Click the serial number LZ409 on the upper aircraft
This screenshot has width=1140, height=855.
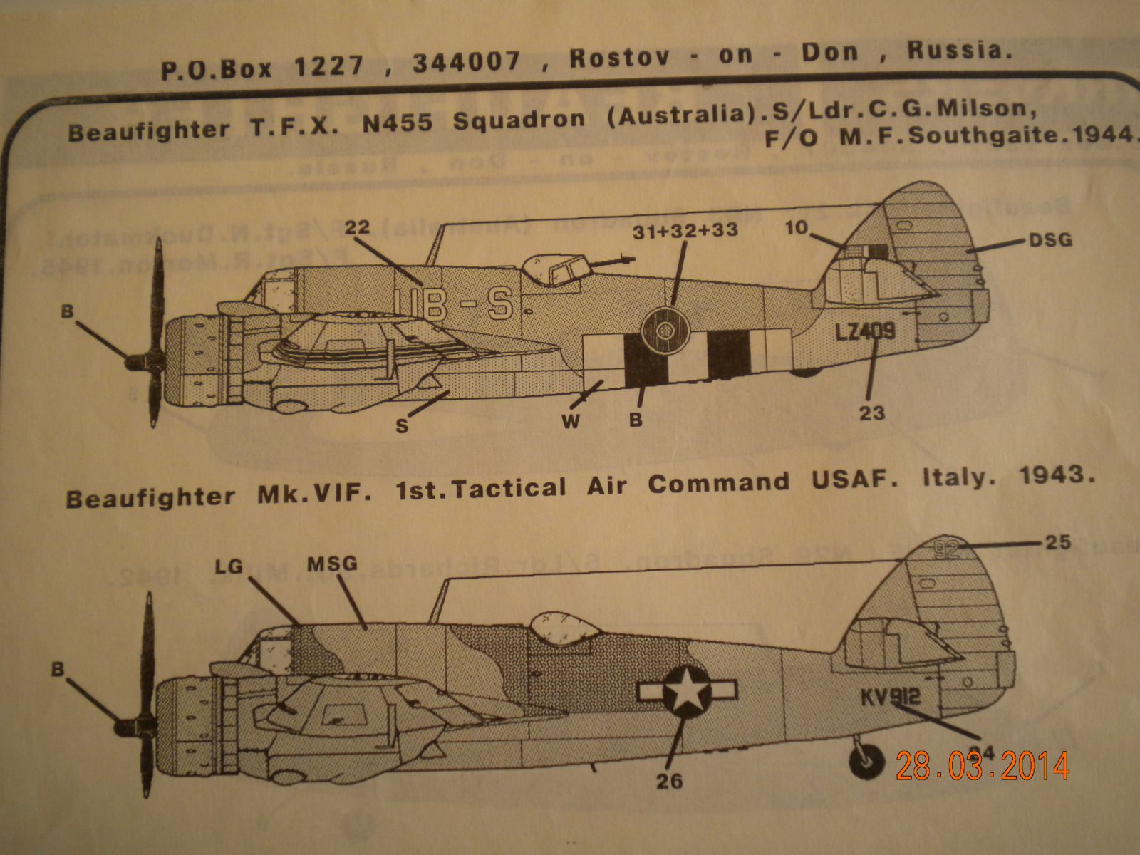coord(864,332)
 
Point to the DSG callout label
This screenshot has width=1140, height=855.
coord(1051,240)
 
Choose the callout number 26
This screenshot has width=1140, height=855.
coord(669,782)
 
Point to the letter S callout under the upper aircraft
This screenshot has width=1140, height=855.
coord(402,426)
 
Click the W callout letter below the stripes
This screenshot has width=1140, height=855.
coord(571,422)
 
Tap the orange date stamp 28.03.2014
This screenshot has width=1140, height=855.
coord(983,766)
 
